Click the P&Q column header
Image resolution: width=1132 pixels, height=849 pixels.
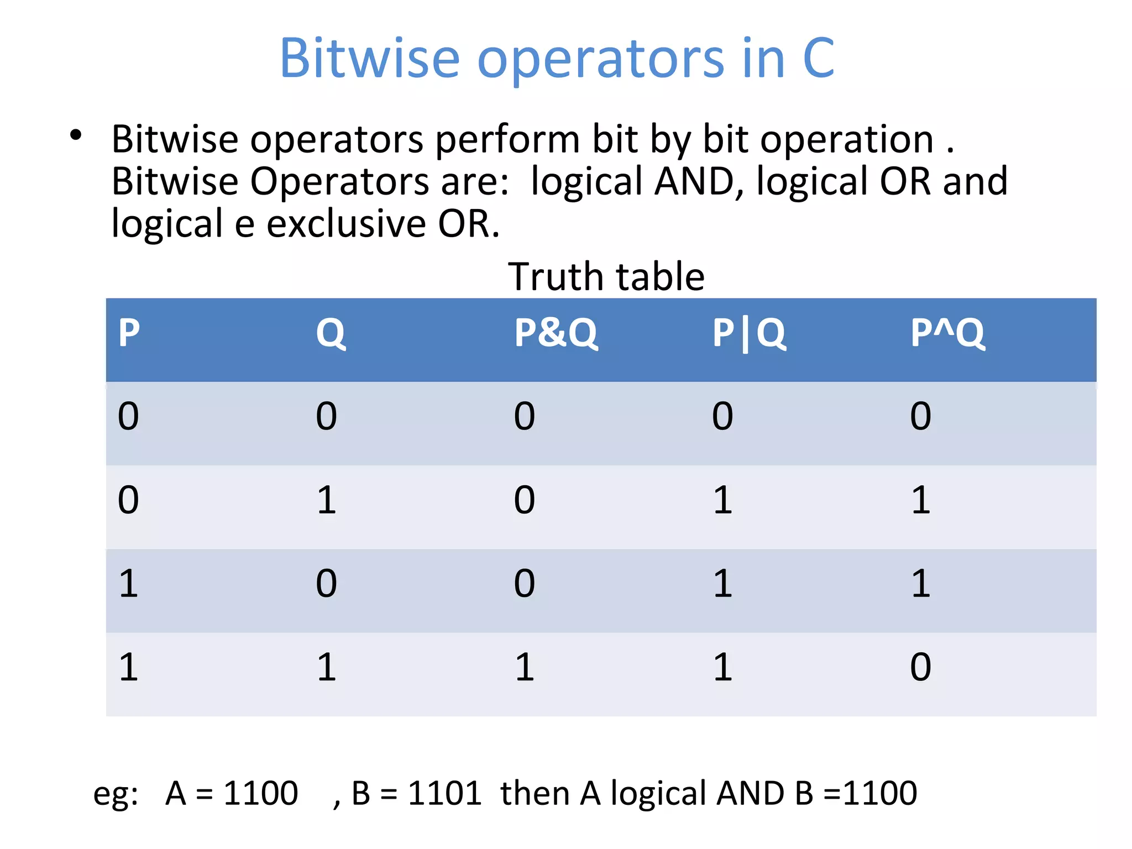pos(555,333)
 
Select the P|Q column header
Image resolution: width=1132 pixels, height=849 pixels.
pos(748,333)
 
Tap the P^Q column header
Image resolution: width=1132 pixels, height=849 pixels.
pos(947,333)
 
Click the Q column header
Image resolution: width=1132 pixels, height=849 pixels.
pos(331,333)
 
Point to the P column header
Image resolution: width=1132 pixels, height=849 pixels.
pos(129,333)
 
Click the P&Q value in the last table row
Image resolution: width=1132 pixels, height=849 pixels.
pos(525,667)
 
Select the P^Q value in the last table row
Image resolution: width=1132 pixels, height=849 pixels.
pos(920,667)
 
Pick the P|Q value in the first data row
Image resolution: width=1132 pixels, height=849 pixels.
pos(722,416)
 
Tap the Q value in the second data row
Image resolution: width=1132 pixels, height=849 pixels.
pos(327,500)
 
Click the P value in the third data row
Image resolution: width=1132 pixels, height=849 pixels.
pos(128,584)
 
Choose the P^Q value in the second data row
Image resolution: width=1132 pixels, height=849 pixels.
pos(920,500)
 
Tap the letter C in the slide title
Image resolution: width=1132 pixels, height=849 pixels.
pos(819,58)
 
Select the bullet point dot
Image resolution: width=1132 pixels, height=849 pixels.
pos(76,135)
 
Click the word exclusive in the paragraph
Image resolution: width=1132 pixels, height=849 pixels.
pos(346,224)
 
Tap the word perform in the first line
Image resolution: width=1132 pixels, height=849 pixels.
pos(507,139)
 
